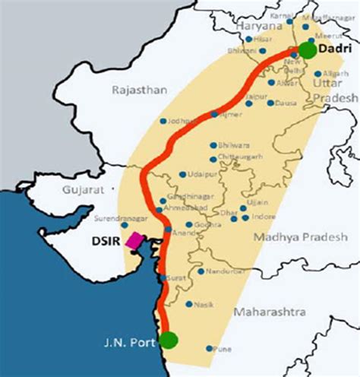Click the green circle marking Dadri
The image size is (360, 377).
(307, 50)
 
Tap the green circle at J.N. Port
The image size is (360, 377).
(169, 339)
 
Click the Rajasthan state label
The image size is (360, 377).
(139, 90)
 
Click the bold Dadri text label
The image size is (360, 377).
(335, 48)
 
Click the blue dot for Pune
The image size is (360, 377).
(210, 349)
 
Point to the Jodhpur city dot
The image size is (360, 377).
(163, 120)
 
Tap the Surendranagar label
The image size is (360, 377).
(116, 218)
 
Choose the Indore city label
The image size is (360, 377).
(264, 217)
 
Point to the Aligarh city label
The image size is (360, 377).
(334, 74)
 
